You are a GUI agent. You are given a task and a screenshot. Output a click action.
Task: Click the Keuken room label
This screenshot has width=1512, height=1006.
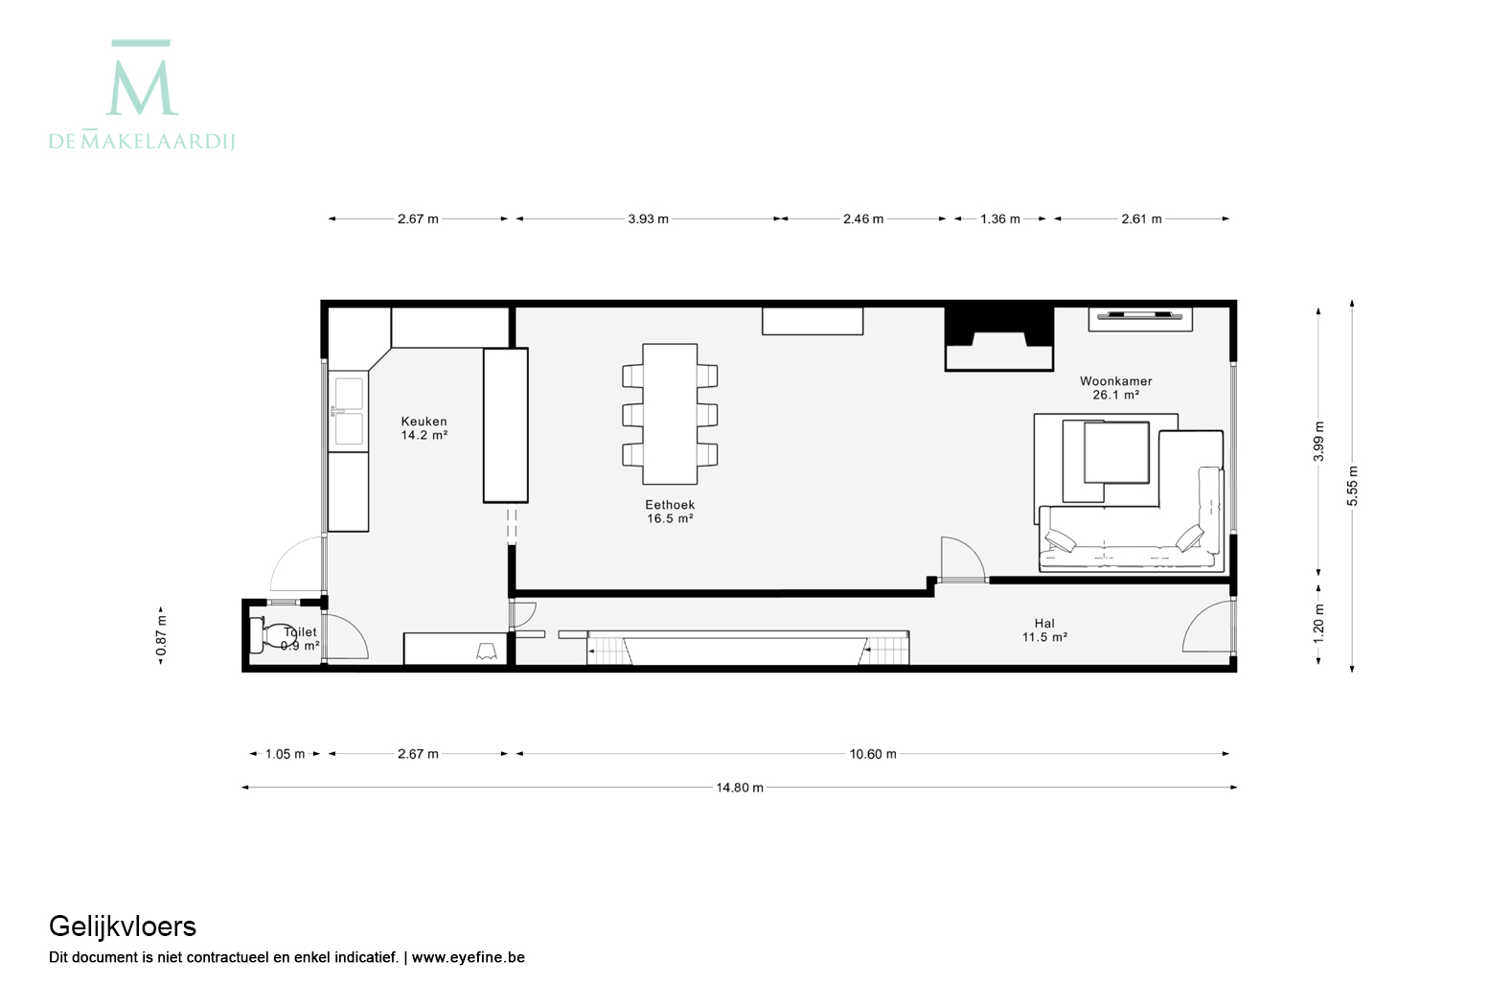[x=424, y=428]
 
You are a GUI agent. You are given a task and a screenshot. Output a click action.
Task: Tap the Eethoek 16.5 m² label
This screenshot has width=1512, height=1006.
[x=670, y=511]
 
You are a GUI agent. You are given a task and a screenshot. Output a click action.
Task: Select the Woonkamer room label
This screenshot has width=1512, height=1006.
[x=1115, y=387]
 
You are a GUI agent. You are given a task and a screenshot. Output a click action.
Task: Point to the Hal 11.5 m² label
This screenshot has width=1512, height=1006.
[x=1044, y=629]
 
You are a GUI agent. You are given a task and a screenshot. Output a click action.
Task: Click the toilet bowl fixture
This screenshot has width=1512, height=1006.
[x=272, y=635]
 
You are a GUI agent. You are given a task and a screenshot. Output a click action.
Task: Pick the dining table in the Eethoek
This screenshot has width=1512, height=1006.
[x=670, y=414]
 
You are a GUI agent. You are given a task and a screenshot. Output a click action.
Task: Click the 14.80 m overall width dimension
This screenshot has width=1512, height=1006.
[x=740, y=788]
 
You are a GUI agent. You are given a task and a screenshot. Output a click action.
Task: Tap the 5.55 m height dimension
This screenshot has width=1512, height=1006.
[x=1352, y=486]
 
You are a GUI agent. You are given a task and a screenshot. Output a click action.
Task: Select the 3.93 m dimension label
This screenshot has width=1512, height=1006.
[x=648, y=218]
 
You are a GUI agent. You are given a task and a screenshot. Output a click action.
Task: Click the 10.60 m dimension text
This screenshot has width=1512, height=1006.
[x=873, y=753]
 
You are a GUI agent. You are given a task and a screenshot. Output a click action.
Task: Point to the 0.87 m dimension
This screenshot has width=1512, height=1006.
[x=161, y=635]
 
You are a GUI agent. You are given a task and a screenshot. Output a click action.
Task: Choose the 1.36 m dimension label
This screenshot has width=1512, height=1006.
[x=1000, y=218]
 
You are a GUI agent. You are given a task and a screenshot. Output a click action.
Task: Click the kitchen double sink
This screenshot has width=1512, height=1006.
[x=349, y=411]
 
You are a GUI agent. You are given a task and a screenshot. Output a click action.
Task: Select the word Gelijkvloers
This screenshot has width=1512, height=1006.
[x=123, y=926]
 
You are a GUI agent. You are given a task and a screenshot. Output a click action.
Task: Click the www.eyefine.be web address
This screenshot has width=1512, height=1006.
[x=469, y=957]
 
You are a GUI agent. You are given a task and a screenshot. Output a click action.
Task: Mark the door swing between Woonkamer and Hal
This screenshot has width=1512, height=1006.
[x=963, y=558]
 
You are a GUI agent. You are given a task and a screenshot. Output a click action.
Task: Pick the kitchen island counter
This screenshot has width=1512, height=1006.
[x=506, y=425]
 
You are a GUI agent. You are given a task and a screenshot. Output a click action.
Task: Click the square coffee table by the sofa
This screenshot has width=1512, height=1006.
[x=1116, y=452]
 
